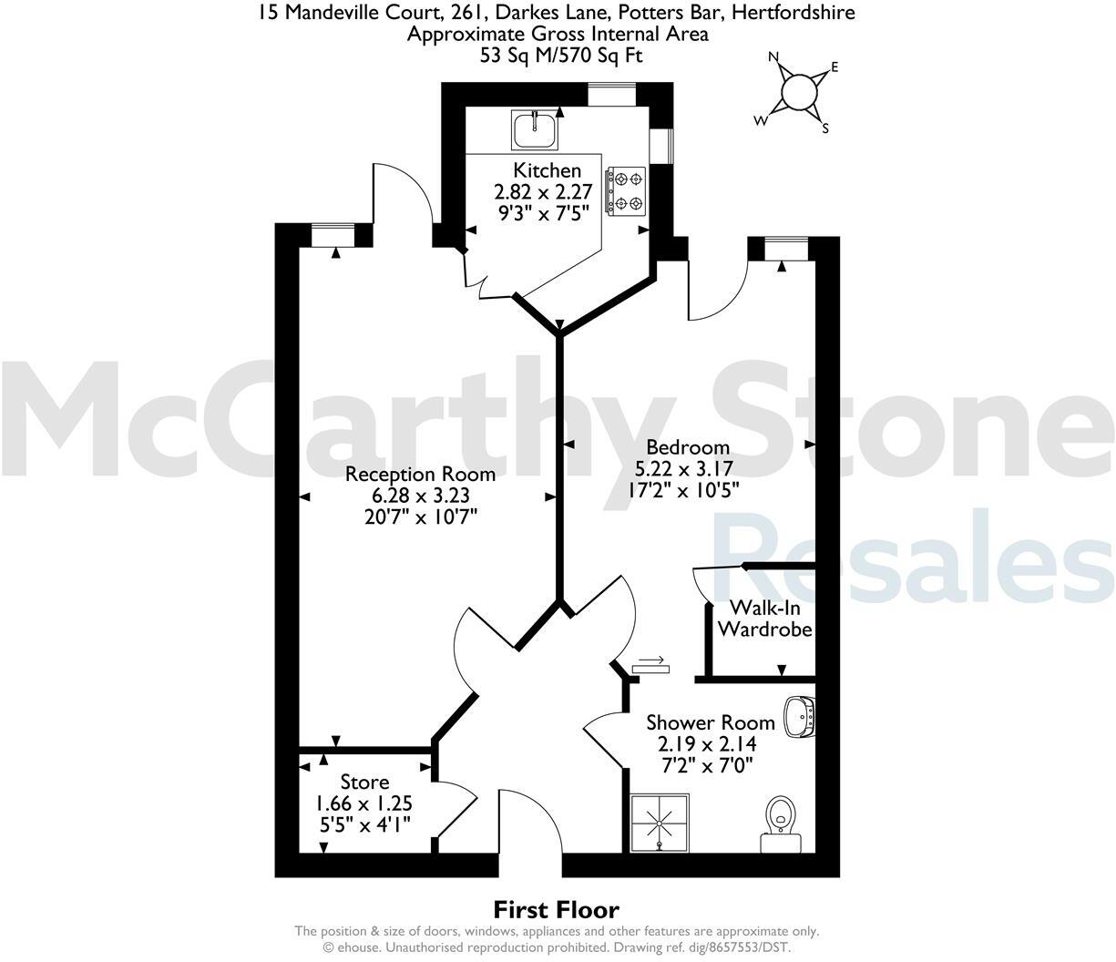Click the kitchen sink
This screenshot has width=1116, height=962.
[535, 128]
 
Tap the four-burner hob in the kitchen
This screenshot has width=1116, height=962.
[626, 190]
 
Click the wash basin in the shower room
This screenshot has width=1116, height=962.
[800, 715]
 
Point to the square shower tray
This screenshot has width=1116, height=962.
[660, 823]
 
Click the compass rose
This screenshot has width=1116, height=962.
[799, 91]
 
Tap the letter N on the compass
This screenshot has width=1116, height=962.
[774, 56]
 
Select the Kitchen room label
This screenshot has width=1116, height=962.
[547, 170]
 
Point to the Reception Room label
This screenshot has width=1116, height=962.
[420, 474]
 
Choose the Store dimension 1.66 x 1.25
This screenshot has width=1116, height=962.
[364, 803]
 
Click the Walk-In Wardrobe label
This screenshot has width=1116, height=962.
[764, 619]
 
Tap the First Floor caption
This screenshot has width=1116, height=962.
[556, 909]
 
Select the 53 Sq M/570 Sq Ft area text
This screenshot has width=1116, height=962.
[558, 55]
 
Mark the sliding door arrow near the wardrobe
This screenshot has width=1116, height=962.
[650, 660]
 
